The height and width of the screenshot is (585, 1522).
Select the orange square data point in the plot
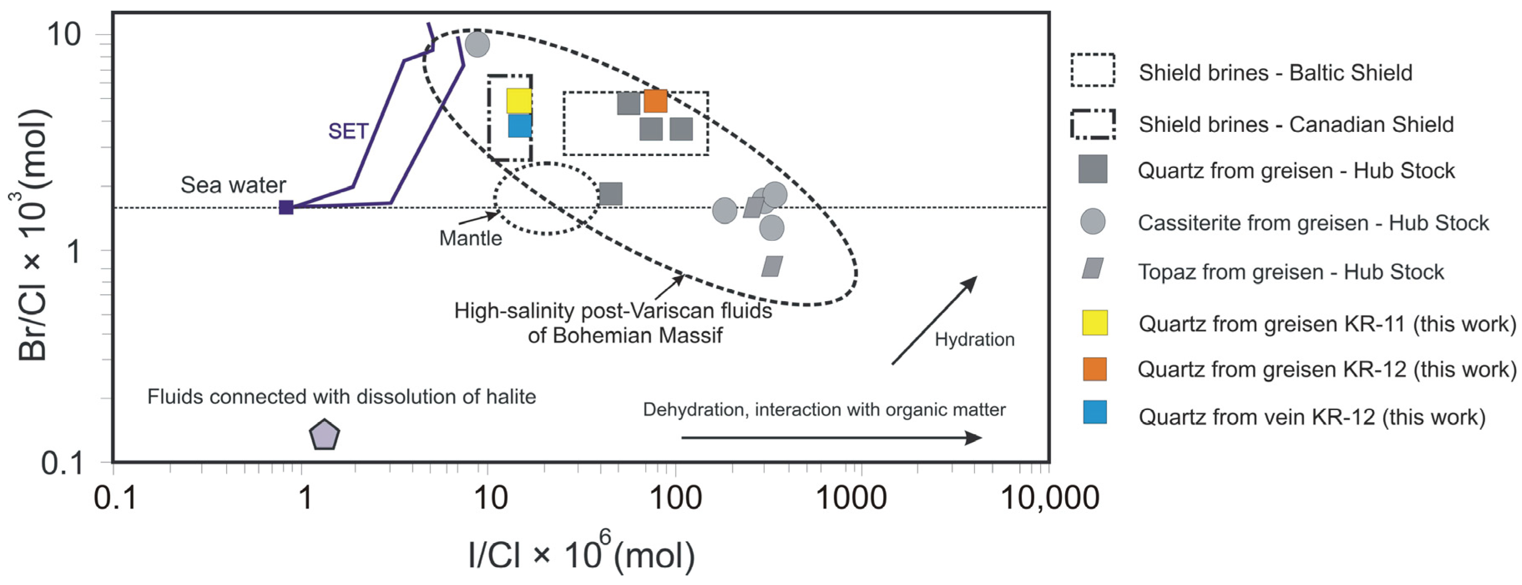click(655, 101)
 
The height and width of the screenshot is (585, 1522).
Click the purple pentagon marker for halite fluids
click(324, 435)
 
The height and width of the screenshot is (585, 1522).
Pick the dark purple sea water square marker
click(286, 207)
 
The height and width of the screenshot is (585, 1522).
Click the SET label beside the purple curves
click(348, 131)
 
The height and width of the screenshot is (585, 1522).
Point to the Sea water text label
click(233, 185)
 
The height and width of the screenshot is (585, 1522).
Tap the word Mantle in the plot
click(470, 238)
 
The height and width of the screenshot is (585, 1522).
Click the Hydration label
click(974, 339)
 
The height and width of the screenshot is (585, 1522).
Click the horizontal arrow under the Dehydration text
click(831, 437)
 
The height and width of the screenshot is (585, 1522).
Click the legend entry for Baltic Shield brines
click(1275, 73)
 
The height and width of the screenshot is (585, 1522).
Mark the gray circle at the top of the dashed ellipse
click(477, 44)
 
